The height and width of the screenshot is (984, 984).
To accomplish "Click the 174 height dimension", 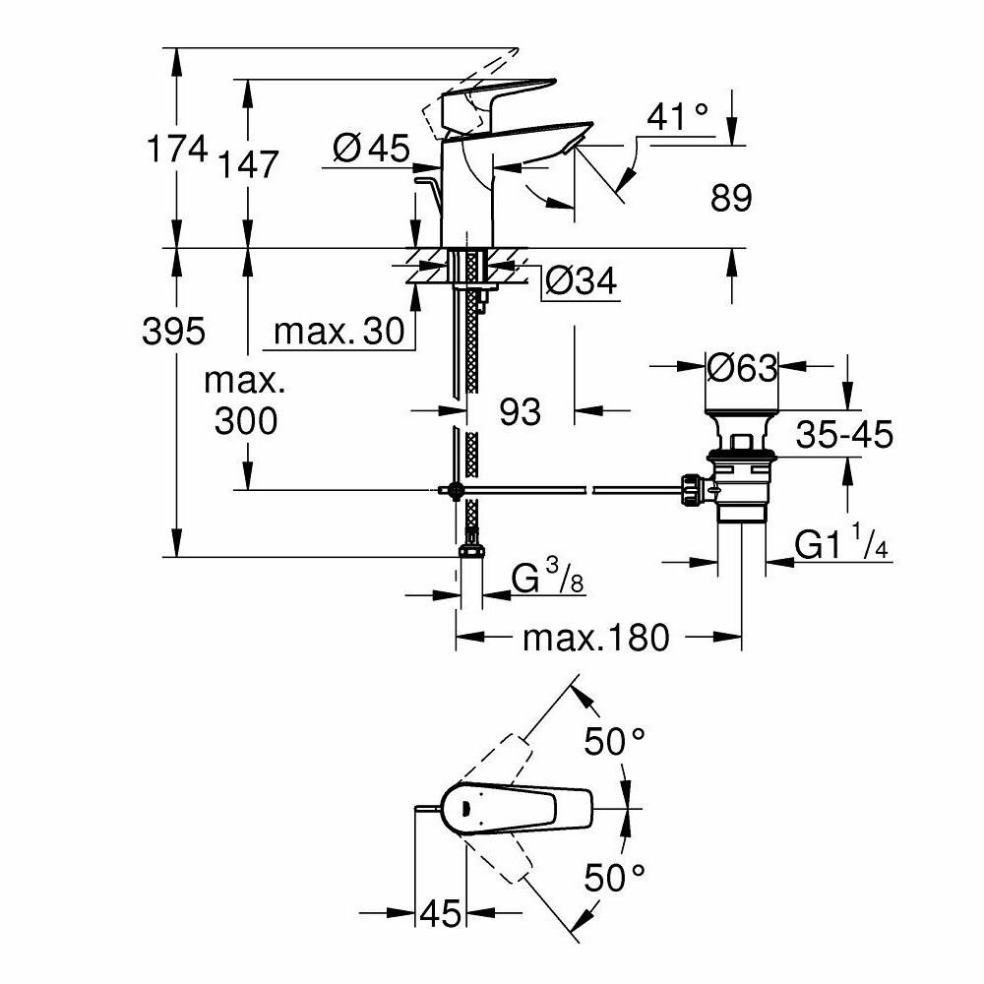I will tap(177, 151).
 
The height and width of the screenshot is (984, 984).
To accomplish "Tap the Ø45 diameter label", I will tap(370, 149).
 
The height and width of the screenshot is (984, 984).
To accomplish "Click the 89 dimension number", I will tap(729, 199).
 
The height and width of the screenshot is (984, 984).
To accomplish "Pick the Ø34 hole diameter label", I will tap(580, 283).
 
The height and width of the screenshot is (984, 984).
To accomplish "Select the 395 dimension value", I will tap(175, 332).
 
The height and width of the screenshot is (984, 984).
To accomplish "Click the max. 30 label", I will tap(339, 333).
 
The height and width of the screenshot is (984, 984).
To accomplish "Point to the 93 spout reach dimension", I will tap(520, 411).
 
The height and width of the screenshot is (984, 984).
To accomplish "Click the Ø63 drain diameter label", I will tap(742, 369).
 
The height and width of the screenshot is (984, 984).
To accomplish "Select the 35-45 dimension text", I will tap(844, 434).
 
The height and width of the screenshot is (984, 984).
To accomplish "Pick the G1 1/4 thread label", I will tap(842, 546).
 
